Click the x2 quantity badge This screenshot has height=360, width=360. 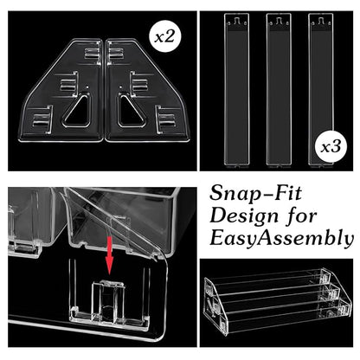click(165, 37)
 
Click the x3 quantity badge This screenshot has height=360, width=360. click(331, 147)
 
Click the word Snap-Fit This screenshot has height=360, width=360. click(255, 193)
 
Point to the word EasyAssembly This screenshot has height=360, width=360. click(281, 238)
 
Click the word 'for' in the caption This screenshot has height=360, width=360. click(302, 215)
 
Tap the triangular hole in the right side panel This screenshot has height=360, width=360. click(131, 111)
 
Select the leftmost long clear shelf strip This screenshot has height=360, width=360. click(236, 90)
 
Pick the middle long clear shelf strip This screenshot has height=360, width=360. click(279, 90)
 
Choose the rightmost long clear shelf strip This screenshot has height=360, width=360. click(321, 90)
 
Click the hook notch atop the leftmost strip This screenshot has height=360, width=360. click(236, 21)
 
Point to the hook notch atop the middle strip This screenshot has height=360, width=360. click(279, 21)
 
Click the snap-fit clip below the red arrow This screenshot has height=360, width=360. click(108, 300)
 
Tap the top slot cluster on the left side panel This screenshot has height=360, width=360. click(93, 54)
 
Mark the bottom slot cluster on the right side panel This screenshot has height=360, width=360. click(166, 120)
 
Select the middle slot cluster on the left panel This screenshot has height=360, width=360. click(68, 82)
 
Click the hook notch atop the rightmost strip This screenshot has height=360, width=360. click(321, 21)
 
